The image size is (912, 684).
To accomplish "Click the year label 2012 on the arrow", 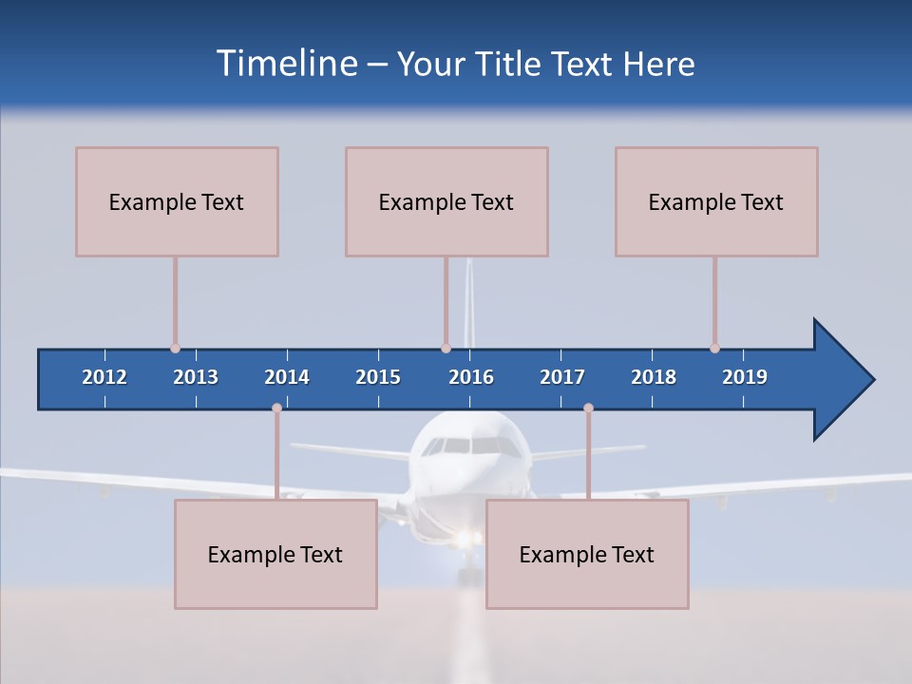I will tap(104, 377).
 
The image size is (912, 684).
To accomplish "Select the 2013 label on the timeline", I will tap(196, 377).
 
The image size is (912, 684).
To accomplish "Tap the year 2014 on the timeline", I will tap(287, 377).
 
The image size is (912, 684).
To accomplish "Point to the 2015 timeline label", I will tap(378, 377).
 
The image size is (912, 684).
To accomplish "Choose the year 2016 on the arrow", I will tap(471, 377).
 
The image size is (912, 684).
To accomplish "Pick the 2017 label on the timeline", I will tap(562, 377).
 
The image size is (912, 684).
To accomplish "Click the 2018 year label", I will tap(654, 377).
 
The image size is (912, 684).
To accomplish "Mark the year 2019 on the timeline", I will tap(745, 377).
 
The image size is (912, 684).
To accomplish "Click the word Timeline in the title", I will tap(285, 64).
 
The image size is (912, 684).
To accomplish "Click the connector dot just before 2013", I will tap(175, 349).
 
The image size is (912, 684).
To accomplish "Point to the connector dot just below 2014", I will tap(276, 408).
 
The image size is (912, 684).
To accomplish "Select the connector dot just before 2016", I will tap(446, 349).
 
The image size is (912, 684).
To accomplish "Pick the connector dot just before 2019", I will tap(714, 349).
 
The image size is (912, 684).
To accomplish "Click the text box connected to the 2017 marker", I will tap(587, 554).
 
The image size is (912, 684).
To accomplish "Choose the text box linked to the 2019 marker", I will tap(716, 201).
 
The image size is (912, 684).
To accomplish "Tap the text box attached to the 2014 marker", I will tap(275, 554).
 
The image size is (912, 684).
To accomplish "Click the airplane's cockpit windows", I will tap(472, 445).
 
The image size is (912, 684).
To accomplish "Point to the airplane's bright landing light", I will tap(465, 540).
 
